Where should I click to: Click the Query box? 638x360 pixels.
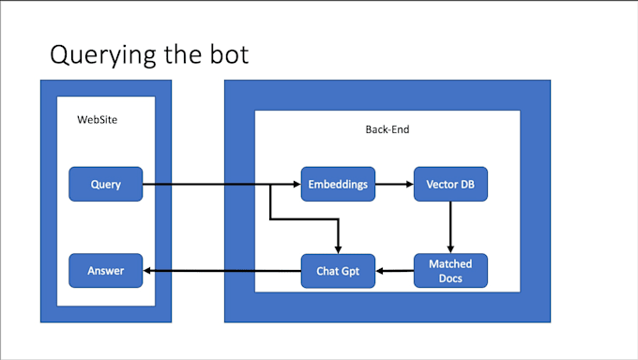coord(105,184)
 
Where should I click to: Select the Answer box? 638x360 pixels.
coord(105,271)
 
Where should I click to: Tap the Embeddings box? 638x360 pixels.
coord(338,184)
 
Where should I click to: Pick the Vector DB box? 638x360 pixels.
coord(450,184)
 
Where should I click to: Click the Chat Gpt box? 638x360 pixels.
coord(338,271)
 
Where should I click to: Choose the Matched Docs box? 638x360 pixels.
coord(450,271)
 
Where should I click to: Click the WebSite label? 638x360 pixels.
coord(98,120)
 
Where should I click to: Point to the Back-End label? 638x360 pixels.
coord(387,129)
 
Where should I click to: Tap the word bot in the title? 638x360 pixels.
coord(227,54)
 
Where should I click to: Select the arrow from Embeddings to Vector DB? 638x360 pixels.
coord(394,185)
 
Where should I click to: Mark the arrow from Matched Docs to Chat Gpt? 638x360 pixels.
coord(394,272)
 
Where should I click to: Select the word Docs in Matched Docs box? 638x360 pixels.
coord(450,278)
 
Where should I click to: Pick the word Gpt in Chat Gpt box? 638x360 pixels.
coord(354,272)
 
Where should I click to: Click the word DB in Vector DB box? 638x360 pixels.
coord(466,185)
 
